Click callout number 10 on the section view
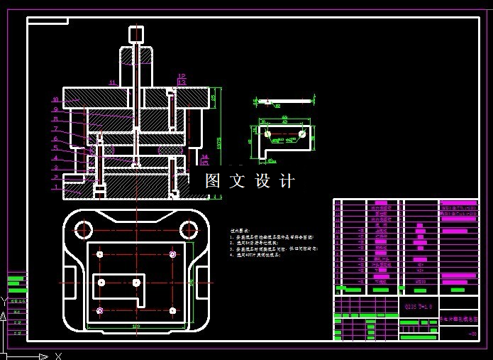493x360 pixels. tap(55, 99)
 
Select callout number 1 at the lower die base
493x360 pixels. tap(55, 187)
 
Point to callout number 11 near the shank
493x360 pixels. tap(112, 83)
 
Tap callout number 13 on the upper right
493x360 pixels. tap(182, 83)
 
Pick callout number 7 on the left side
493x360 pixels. tap(55, 129)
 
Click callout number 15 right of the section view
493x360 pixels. tap(204, 163)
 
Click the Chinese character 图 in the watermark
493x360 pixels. tap(213, 181)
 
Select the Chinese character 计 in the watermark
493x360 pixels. tap(287, 181)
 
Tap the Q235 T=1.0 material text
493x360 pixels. tap(419, 307)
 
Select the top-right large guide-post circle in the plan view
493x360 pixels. tap(188, 229)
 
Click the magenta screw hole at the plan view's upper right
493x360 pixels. tap(172, 254)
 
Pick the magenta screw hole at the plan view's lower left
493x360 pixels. tap(100, 310)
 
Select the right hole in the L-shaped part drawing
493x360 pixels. tap(302, 133)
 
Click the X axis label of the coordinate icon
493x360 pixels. tap(59, 355)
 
